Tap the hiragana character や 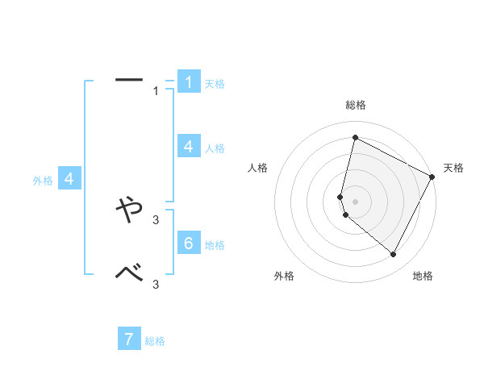click(129, 211)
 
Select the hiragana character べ click(129, 274)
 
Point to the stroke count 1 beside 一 click(156, 91)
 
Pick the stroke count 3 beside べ click(156, 283)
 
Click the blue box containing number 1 click(189, 82)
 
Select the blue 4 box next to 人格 click(189, 147)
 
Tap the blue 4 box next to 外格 click(69, 179)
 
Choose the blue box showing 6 click(189, 244)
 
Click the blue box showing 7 click(129, 339)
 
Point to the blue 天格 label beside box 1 click(215, 83)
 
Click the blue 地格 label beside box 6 click(215, 244)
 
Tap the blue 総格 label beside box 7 click(155, 341)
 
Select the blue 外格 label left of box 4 click(43, 181)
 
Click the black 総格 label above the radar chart click(356, 105)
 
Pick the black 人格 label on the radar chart click(258, 168)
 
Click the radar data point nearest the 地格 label click(393, 255)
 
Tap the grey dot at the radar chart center click(355, 201)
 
